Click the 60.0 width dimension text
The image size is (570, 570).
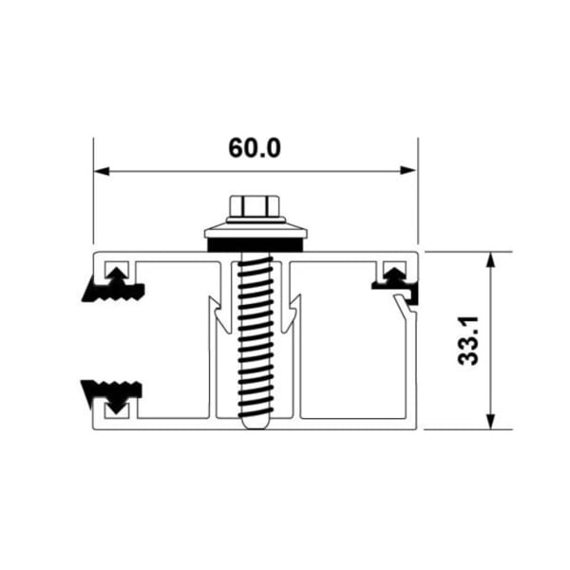tap(255, 148)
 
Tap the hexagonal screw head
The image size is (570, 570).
tap(255, 206)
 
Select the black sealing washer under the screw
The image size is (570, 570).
tap(255, 245)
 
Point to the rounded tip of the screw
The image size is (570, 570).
tap(255, 422)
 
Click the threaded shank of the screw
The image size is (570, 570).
tap(255, 332)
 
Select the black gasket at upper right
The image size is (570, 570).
tap(393, 280)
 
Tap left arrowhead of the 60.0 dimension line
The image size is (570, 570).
tap(101, 171)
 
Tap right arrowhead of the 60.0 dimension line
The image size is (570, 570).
tap(409, 171)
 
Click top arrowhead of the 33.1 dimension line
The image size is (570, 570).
tap(490, 259)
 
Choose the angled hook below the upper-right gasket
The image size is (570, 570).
tap(407, 309)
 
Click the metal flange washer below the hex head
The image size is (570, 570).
tap(255, 231)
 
